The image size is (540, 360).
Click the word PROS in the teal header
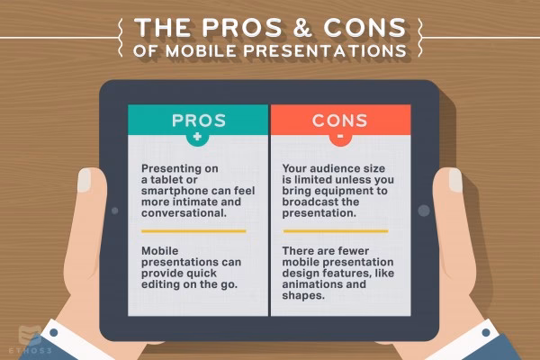198,120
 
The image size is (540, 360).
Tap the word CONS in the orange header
340,120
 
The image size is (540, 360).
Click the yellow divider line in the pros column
193,231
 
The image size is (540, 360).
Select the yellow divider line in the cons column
335,231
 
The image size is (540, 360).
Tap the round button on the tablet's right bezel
424,211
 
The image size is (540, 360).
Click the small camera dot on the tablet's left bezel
114,211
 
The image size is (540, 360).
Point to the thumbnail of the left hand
84,180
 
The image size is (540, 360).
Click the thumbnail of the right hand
454,180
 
